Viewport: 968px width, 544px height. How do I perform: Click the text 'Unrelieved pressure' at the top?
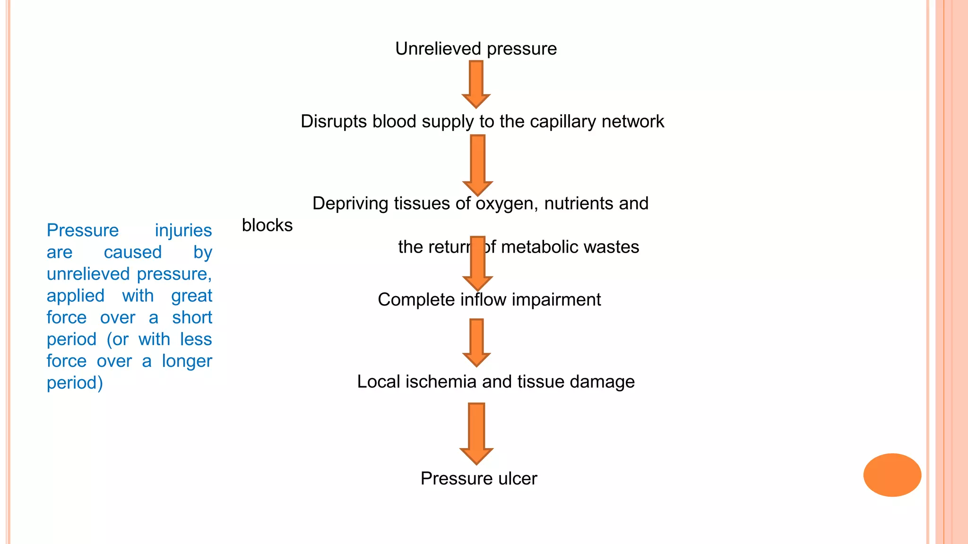coord(476,49)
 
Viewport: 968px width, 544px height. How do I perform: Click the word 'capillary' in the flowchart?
coord(562,122)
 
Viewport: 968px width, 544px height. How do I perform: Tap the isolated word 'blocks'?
coord(267,225)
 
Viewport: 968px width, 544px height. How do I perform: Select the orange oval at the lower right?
coord(892,475)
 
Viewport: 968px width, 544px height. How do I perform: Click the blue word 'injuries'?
coord(183,230)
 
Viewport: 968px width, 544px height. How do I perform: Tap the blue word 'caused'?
coord(133,252)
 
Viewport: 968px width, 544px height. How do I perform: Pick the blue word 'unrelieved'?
coord(88,274)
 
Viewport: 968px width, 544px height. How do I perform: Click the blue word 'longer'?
coord(187,361)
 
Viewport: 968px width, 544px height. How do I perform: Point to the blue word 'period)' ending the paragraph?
coord(75,383)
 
